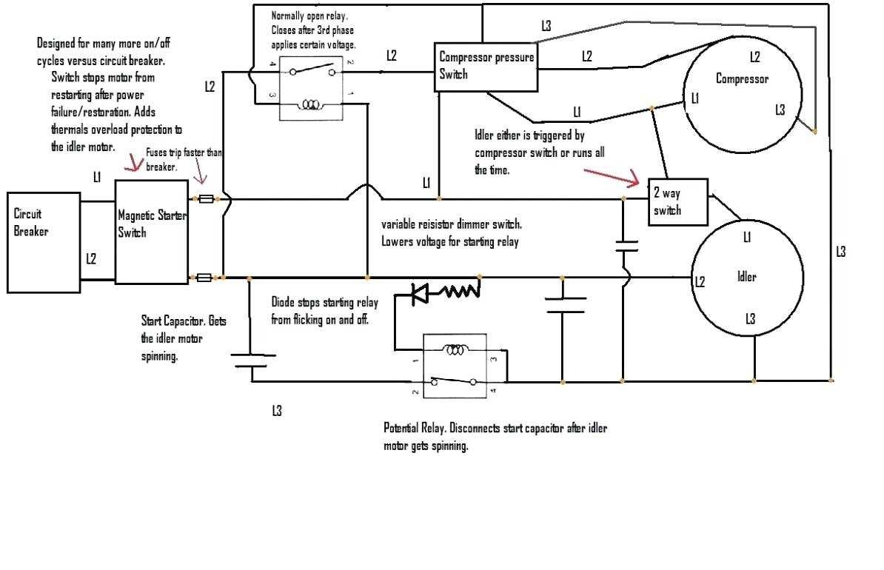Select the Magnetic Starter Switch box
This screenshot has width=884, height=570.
(151, 231)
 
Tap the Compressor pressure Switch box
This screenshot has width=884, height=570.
(485, 67)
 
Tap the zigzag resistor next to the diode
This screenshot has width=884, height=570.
(461, 292)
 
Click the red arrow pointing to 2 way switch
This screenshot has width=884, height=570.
(612, 175)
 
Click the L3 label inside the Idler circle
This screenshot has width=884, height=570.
(750, 318)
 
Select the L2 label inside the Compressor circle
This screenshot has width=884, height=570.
(754, 56)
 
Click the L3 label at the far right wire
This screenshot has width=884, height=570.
(840, 252)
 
